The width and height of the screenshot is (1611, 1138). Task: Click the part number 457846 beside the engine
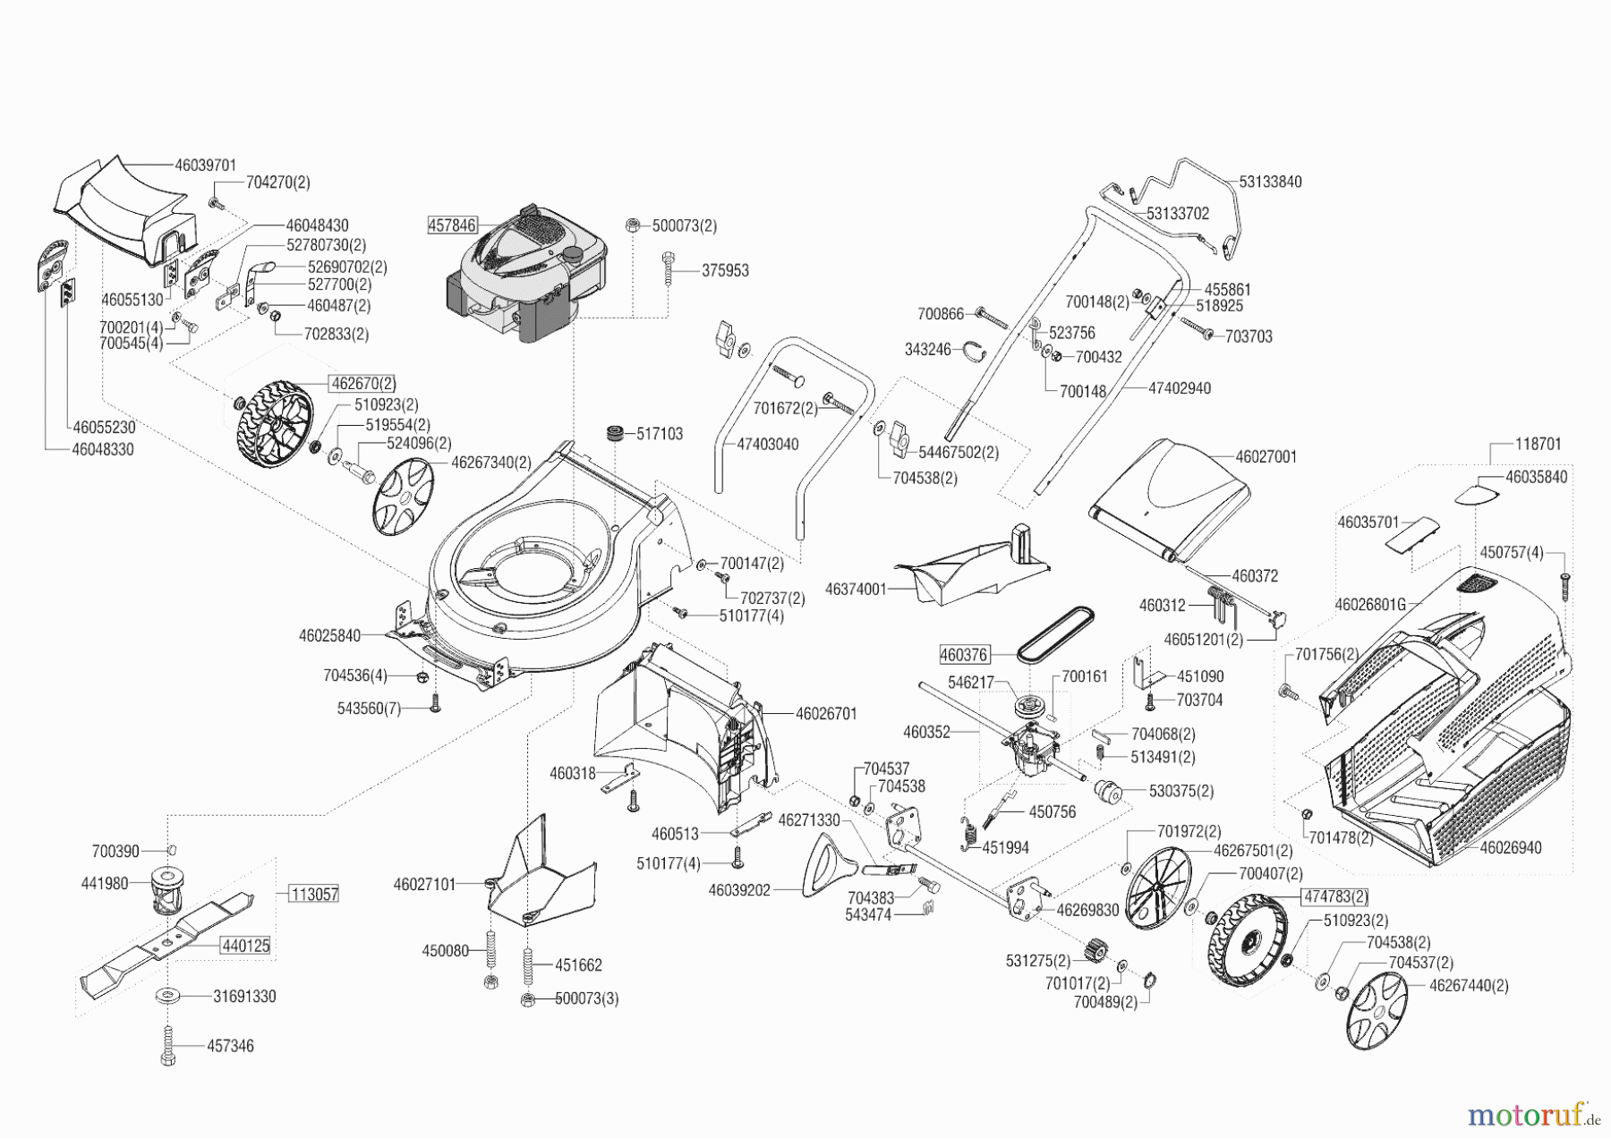[453, 225]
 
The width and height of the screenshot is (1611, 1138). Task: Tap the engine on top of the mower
[528, 277]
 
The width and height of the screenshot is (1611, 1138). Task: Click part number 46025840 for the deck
[329, 636]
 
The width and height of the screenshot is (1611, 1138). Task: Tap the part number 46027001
[1266, 456]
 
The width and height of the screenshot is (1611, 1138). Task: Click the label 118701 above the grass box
[1539, 444]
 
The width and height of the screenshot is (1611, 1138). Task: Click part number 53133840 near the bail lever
[1270, 182]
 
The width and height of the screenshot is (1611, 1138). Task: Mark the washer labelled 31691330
[168, 995]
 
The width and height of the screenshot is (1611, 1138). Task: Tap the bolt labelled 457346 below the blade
[168, 1044]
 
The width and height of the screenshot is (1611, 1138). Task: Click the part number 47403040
[768, 445]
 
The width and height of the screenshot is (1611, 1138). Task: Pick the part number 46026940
[1511, 847]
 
